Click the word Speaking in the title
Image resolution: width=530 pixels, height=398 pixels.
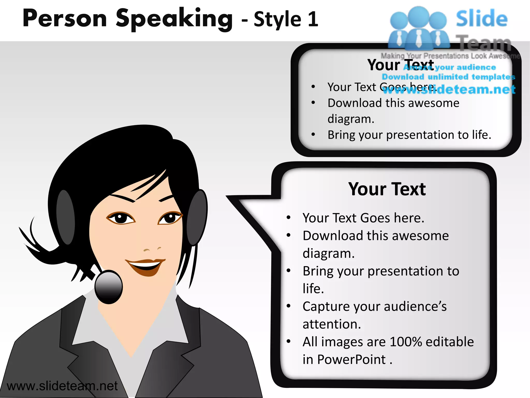click(174, 19)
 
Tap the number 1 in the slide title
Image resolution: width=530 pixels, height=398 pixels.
click(313, 19)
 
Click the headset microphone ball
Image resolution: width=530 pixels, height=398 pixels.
click(108, 287)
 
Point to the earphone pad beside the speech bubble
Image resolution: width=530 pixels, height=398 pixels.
click(197, 218)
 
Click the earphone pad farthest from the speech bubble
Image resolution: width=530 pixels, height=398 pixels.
click(65, 217)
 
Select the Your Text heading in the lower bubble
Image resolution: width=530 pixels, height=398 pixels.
click(387, 189)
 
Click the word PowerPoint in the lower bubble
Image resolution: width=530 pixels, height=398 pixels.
click(351, 360)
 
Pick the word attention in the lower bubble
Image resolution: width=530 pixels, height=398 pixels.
click(332, 324)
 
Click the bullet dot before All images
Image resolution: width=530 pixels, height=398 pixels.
click(289, 342)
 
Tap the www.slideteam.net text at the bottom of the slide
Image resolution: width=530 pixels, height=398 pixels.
click(62, 386)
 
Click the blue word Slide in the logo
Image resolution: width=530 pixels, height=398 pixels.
click(481, 19)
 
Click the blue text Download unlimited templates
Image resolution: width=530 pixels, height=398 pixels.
click(448, 77)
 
